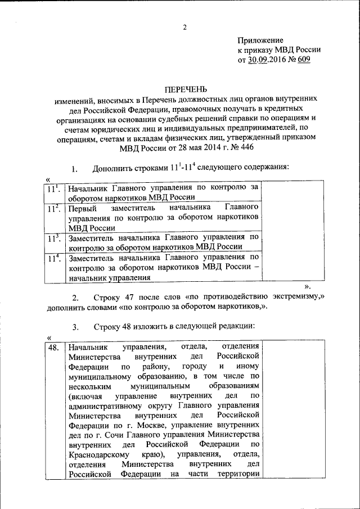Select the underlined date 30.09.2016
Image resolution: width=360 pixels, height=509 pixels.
pos(267,60)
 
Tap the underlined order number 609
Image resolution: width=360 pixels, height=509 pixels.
pos(302,60)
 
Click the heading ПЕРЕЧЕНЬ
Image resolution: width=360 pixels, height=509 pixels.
pos(186,89)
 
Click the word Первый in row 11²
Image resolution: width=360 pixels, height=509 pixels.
pos(82,208)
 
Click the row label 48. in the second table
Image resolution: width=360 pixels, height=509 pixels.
pos(53,346)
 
